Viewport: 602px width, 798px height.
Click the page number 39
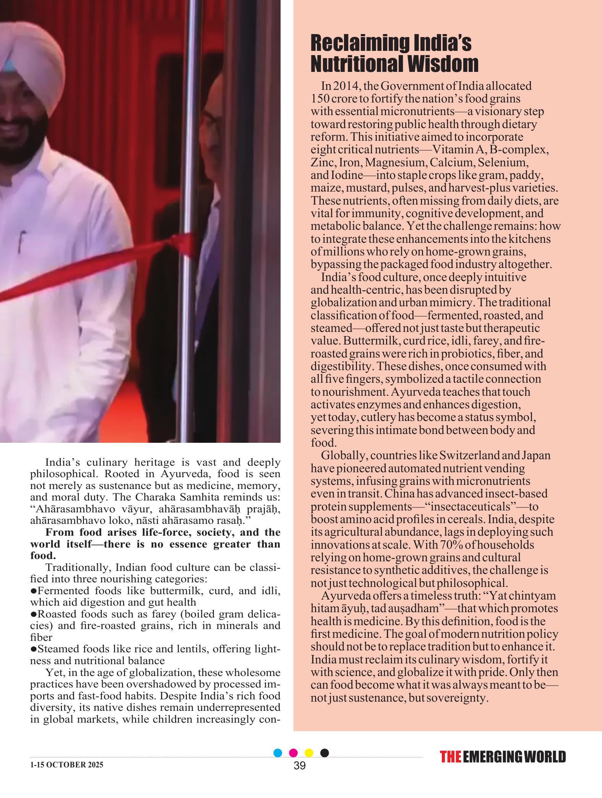pyautogui.click(x=300, y=766)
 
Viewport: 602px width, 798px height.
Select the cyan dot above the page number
pyautogui.click(x=278, y=753)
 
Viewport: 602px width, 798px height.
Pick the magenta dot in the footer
pyautogui.click(x=294, y=753)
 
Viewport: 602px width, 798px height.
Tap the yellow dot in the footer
pyautogui.click(x=309, y=753)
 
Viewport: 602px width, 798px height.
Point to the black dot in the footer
pyautogui.click(x=325, y=753)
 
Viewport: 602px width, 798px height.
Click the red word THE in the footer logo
pyautogui.click(x=450, y=757)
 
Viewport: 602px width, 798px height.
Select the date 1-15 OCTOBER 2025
pyautogui.click(x=67, y=765)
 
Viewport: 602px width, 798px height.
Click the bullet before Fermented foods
pyautogui.click(x=33, y=591)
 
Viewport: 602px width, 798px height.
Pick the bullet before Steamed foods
pyautogui.click(x=33, y=649)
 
